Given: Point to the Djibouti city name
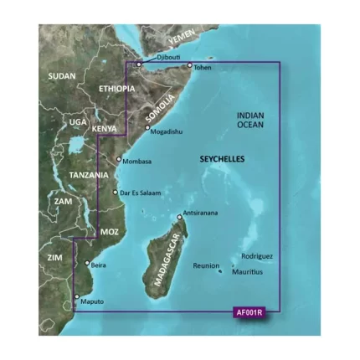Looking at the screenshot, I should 157,56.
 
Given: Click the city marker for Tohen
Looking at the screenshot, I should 189,64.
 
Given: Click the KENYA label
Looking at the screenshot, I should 105,129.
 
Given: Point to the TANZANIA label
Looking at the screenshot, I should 89,175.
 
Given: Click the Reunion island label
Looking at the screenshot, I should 205,265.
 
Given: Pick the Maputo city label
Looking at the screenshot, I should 93,301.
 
